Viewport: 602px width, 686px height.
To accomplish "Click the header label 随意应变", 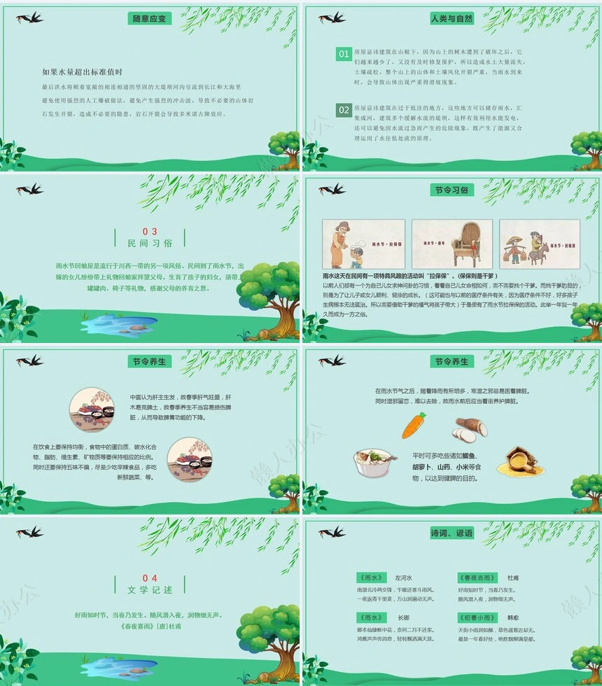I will click(x=148, y=19).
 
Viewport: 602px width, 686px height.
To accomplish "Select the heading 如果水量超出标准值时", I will click(x=83, y=72).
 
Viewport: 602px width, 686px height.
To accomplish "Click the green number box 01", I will click(x=343, y=54).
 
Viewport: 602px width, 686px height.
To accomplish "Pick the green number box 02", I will click(x=343, y=110).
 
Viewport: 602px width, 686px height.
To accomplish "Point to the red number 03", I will click(x=150, y=231).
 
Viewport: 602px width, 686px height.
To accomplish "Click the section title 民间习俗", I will click(x=150, y=244).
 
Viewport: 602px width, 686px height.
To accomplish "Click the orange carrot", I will click(x=414, y=425).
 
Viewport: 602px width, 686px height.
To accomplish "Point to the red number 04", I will click(x=150, y=578).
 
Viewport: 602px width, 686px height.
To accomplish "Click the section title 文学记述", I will click(x=150, y=590).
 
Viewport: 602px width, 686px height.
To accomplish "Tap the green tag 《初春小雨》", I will click(x=477, y=617).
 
